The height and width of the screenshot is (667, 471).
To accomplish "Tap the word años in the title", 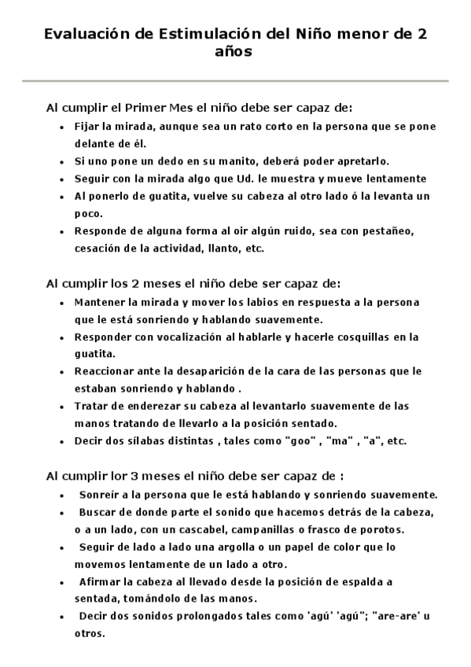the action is [235, 53].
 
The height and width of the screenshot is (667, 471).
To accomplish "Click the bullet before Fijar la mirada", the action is [63, 126].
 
